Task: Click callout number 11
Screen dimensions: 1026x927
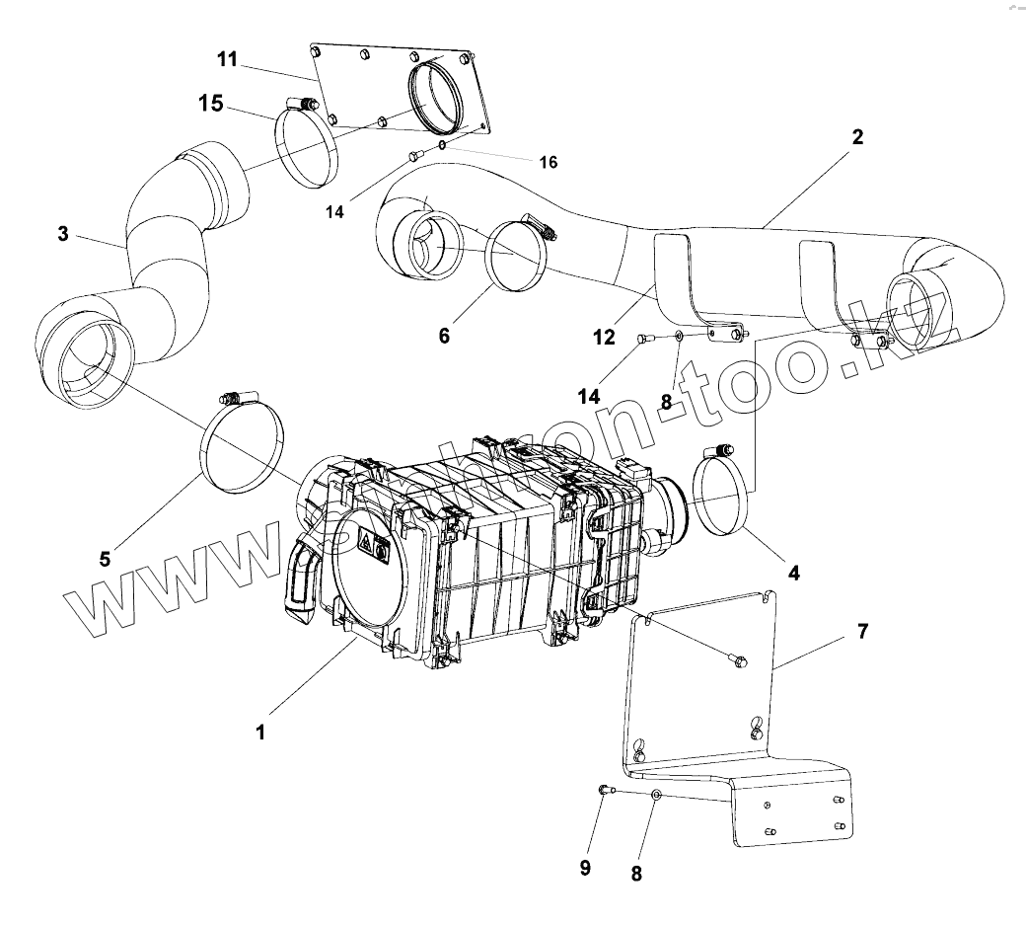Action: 227,59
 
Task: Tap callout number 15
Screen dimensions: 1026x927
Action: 211,104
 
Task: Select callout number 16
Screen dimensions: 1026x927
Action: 549,162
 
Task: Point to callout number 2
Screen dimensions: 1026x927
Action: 857,137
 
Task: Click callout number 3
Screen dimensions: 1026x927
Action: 63,234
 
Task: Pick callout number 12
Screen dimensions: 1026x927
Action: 604,337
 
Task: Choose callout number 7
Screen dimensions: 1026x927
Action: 863,631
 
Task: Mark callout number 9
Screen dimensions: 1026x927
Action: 585,868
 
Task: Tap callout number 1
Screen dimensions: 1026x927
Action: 260,732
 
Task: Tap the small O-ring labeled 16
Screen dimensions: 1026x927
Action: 443,145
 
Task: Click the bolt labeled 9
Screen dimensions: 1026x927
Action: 605,791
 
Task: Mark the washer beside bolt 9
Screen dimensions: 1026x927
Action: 655,795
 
